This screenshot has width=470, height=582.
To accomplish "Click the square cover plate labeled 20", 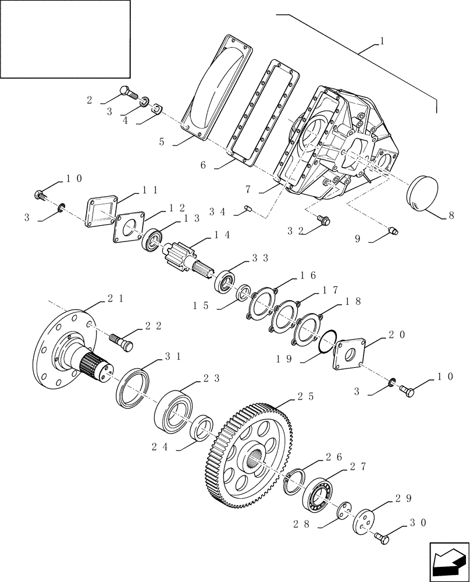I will click(x=349, y=353).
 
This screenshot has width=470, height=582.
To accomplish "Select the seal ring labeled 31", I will click(x=133, y=385).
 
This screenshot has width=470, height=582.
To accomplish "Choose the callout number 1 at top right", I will click(x=381, y=42).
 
